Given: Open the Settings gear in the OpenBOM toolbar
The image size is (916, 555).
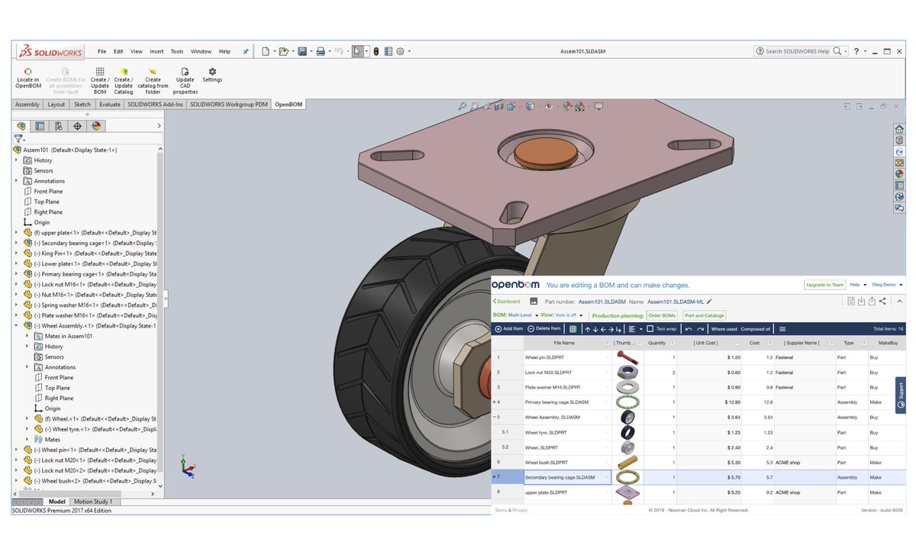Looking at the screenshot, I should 212,74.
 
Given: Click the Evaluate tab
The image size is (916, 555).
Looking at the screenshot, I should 109,105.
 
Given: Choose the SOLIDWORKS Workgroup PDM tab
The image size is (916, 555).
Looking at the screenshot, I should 229,105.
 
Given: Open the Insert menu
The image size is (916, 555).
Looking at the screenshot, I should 156,51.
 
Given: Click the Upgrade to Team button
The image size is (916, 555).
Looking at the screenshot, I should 824,285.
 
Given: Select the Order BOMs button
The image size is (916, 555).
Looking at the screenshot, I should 662,315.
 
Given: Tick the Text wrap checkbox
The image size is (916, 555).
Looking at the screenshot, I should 650,329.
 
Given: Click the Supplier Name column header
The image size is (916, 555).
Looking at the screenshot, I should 801,343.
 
